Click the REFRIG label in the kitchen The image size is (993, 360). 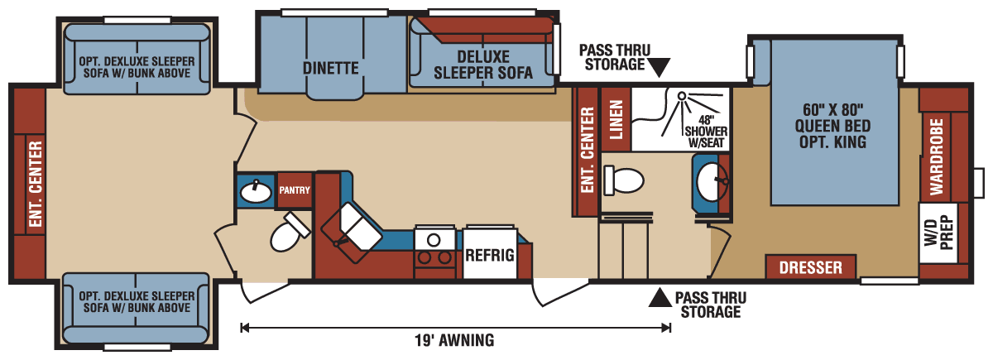489,255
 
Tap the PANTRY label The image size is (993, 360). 294,190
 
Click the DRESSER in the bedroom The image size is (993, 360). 810,267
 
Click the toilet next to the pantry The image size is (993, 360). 286,233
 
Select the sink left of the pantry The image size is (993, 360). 255,192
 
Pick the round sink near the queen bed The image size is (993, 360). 711,180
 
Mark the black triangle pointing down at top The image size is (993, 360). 660,66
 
